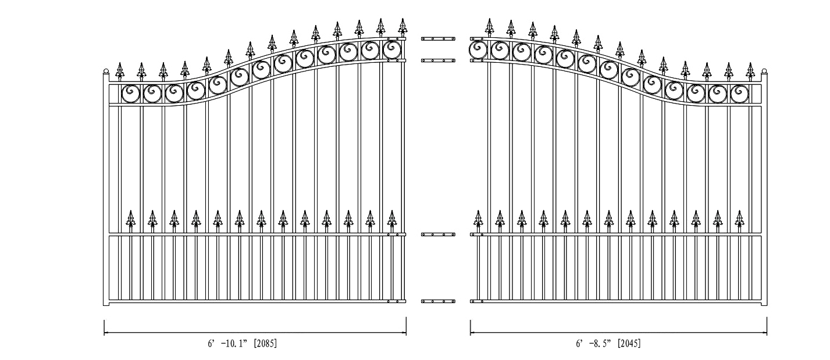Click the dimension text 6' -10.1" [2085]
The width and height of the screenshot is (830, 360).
point(242,343)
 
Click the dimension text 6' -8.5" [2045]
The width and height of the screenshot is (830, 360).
point(608,343)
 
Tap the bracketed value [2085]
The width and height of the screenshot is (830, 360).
point(265,343)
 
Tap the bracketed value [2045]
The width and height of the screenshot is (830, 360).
point(629,343)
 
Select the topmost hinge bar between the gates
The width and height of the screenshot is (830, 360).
point(438,38)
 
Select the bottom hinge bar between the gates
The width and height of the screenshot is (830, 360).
point(438,301)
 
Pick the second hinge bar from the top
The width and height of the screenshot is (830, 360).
point(438,60)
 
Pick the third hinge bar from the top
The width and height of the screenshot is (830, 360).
point(438,234)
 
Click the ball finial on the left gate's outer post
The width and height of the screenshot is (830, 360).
point(106,71)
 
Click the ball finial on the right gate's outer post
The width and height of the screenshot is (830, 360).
point(764,71)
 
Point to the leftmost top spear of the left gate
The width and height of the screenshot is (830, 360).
point(120,71)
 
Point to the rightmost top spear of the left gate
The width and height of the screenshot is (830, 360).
point(402,27)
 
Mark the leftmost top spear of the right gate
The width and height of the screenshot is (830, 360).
point(490,27)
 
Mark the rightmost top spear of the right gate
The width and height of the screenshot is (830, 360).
point(750,71)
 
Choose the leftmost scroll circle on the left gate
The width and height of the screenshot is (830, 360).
point(130,94)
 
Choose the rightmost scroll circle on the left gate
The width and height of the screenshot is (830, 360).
point(391,49)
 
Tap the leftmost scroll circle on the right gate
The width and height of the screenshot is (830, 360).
point(478,49)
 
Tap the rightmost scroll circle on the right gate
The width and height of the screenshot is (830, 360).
point(740,94)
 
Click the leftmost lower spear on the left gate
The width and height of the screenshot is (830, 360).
point(130,219)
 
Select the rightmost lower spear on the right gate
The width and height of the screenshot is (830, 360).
point(740,219)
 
